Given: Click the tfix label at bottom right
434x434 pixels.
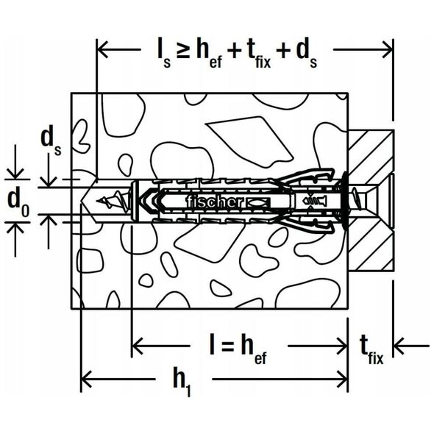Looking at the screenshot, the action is pyautogui.click(x=371, y=350).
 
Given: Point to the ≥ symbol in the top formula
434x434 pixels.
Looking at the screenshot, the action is pyautogui.click(x=183, y=51).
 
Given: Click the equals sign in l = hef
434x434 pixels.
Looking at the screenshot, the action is pyautogui.click(x=227, y=346).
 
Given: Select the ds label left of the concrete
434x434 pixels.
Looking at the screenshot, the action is pyautogui.click(x=51, y=142).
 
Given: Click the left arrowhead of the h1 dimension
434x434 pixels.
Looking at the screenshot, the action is pyautogui.click(x=85, y=379).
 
